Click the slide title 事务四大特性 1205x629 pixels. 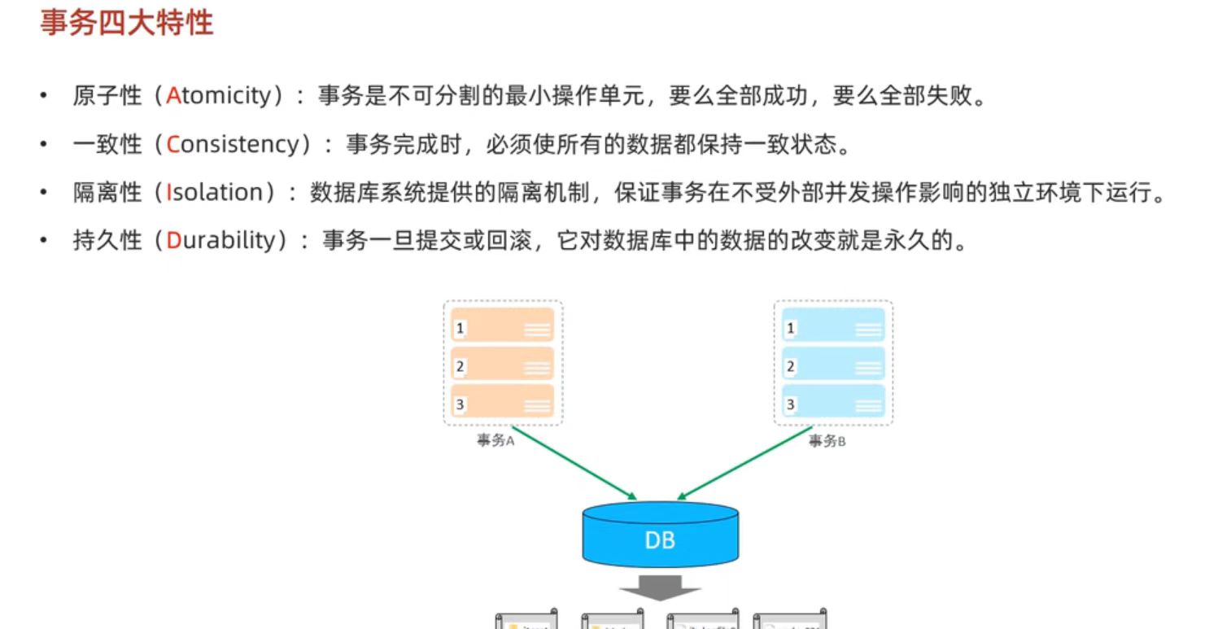(x=126, y=23)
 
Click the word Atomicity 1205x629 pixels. (x=218, y=96)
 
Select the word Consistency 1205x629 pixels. (x=233, y=144)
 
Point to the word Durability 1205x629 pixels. (x=220, y=240)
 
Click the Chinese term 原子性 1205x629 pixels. (x=107, y=96)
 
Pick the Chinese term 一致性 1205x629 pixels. (x=107, y=144)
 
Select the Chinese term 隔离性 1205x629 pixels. (x=107, y=192)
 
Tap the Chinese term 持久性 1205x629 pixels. (x=107, y=240)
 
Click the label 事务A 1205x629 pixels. (x=496, y=442)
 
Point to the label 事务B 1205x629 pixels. (x=827, y=442)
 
